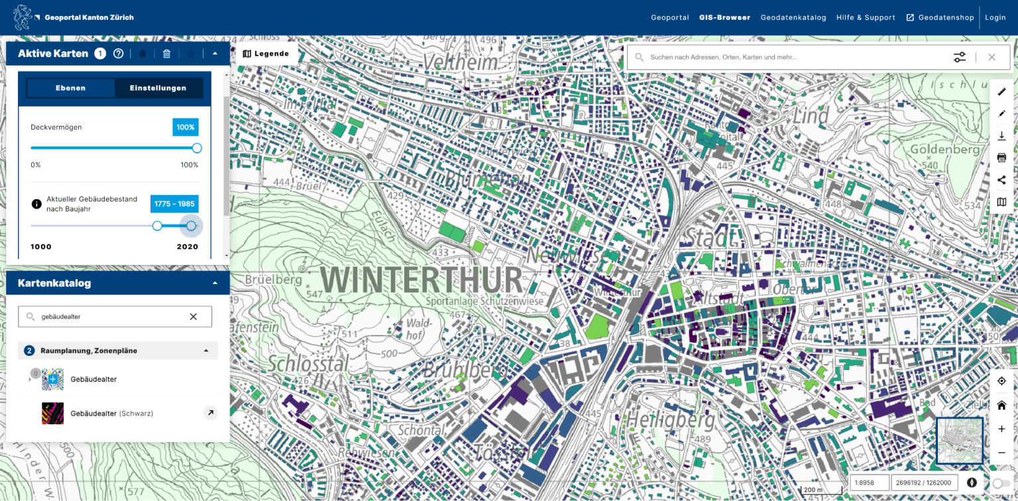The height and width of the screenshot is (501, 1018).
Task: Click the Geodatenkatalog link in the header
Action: tap(793, 18)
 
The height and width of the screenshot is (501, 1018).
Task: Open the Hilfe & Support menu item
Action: tap(866, 18)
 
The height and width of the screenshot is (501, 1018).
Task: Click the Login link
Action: tap(995, 18)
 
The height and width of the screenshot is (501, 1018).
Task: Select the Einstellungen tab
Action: tap(158, 88)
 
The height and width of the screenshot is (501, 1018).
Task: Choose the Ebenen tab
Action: tap(70, 88)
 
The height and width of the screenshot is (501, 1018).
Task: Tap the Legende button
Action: tap(266, 54)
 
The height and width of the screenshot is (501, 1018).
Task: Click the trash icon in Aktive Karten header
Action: tap(166, 54)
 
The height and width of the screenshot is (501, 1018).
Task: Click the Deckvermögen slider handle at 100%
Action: tap(197, 148)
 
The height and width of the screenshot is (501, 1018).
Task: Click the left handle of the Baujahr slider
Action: tap(157, 226)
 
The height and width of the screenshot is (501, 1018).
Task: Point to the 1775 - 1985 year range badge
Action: tap(174, 204)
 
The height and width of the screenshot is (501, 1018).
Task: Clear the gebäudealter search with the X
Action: tap(194, 317)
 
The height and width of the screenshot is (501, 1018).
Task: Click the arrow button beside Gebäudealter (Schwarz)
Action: tap(209, 413)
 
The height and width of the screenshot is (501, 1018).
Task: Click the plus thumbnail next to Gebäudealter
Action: tap(53, 379)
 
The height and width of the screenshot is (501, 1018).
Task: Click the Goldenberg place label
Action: tap(944, 149)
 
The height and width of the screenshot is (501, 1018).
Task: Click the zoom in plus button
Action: tap(1001, 429)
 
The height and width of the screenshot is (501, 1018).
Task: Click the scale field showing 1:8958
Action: tap(869, 482)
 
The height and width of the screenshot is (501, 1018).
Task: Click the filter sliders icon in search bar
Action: tap(960, 58)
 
